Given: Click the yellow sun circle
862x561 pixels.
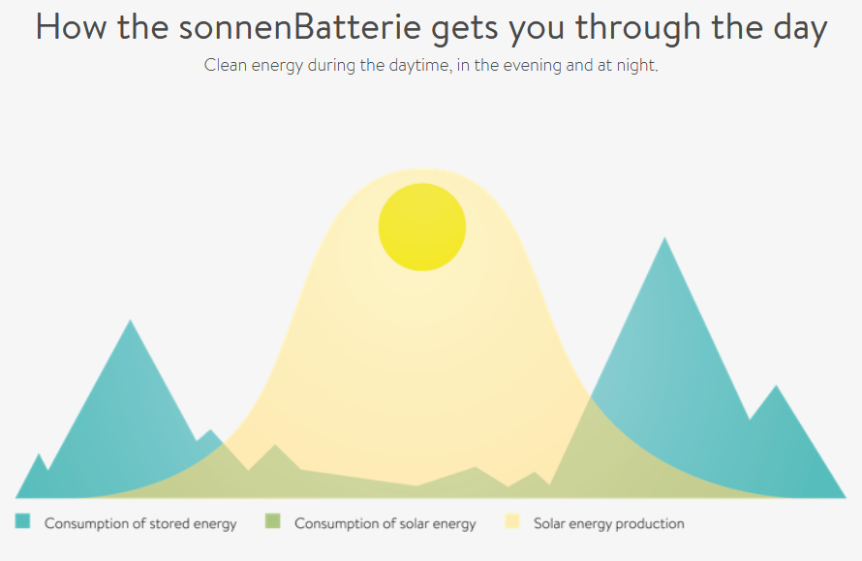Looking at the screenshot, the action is pyautogui.click(x=422, y=227).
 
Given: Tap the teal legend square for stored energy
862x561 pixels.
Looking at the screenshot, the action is pyautogui.click(x=22, y=521).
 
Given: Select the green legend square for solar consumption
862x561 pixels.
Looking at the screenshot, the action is pyautogui.click(x=273, y=521).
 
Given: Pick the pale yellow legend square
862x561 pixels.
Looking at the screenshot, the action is pyautogui.click(x=512, y=521).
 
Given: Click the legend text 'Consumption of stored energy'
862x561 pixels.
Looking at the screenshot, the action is pyautogui.click(x=140, y=523).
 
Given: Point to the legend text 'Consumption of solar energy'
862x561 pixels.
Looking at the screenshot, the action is pyautogui.click(x=385, y=523).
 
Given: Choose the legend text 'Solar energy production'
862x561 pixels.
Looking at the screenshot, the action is pyautogui.click(x=609, y=523).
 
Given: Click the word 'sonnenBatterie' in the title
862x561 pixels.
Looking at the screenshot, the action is pyautogui.click(x=299, y=27).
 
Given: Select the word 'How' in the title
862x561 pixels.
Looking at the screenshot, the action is pyautogui.click(x=71, y=27).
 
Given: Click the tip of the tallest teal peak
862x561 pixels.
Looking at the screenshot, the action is pyautogui.click(x=664, y=237).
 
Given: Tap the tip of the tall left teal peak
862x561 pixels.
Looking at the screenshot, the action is pyautogui.click(x=131, y=320).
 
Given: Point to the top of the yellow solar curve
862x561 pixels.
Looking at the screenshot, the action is pyautogui.click(x=422, y=169).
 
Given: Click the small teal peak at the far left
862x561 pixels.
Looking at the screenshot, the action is pyautogui.click(x=39, y=454).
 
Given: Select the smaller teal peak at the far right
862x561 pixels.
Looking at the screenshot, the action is pyautogui.click(x=776, y=386).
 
